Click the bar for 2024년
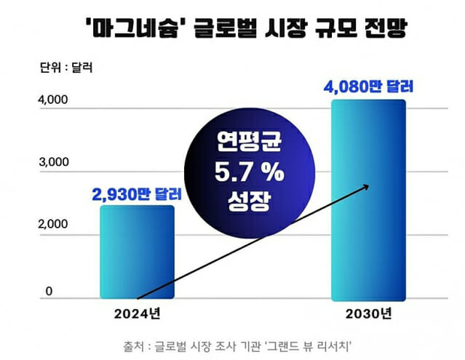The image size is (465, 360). pyautogui.click(x=137, y=252)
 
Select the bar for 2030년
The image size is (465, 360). pyautogui.click(x=368, y=199)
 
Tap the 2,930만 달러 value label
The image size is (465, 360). pyautogui.click(x=137, y=194)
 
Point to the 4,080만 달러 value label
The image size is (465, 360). pyautogui.click(x=367, y=88)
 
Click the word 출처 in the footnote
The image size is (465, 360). pyautogui.click(x=136, y=345)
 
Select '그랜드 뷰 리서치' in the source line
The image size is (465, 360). pyautogui.click(x=309, y=345)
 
